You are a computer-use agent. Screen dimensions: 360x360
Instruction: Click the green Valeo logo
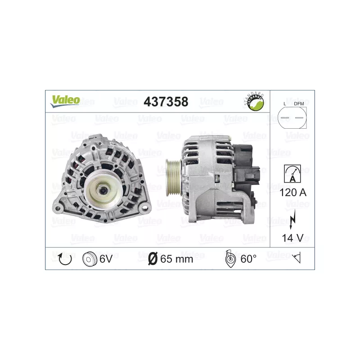click(x=65, y=101)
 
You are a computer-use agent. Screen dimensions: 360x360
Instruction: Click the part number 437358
click(x=166, y=102)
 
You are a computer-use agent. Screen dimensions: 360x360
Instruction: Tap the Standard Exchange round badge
click(x=254, y=102)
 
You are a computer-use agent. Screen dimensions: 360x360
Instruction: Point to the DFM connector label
click(x=299, y=104)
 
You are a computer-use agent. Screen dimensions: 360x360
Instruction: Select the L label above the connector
click(x=285, y=104)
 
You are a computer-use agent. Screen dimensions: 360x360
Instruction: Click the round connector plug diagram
click(x=292, y=117)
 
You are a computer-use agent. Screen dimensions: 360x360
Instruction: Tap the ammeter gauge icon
click(x=292, y=174)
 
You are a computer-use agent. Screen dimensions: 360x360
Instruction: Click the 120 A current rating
click(x=293, y=193)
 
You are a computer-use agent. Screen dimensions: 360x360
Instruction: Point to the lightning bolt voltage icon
click(x=292, y=219)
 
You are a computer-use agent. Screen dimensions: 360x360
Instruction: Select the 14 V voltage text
click(x=293, y=238)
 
